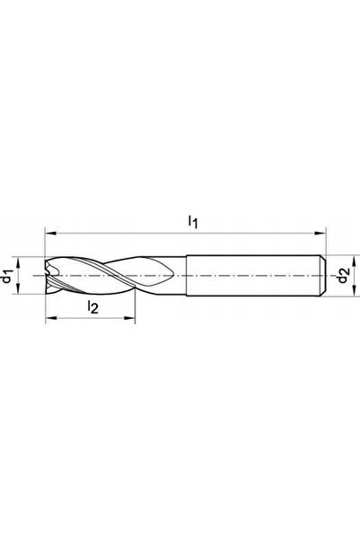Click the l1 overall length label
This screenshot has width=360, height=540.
193,221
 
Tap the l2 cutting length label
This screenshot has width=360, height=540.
93,307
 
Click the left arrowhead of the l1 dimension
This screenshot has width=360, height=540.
51,234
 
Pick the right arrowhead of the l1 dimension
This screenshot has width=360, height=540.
320,234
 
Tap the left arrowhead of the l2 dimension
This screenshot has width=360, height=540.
51,318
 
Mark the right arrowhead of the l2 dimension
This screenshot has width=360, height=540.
129,318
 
